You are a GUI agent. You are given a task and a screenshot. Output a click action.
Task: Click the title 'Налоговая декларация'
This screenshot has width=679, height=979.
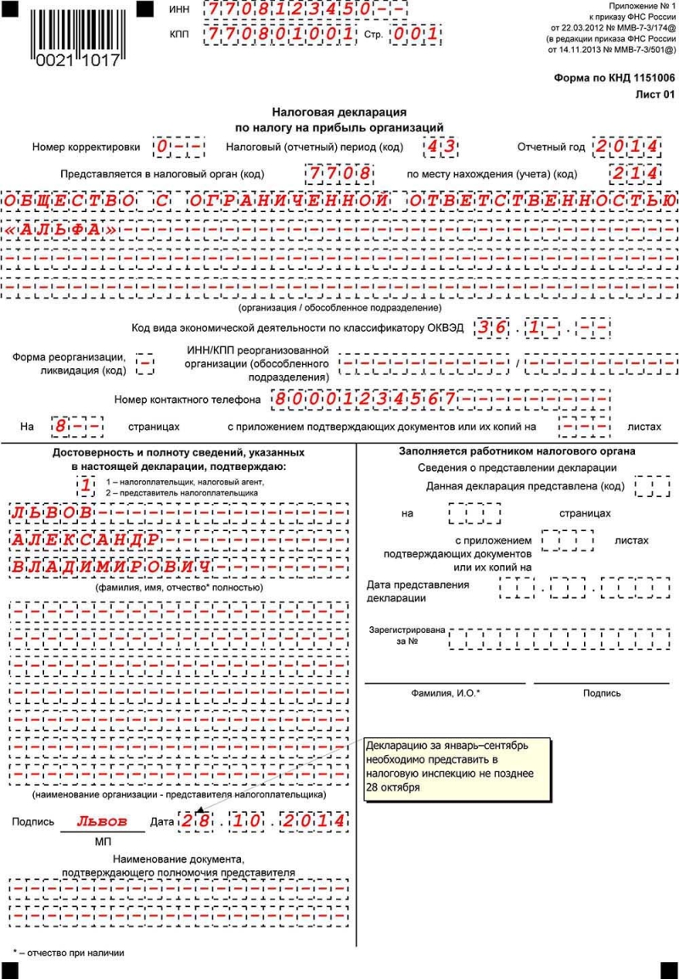339,112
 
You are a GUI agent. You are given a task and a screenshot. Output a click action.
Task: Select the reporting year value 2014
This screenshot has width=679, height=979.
626,147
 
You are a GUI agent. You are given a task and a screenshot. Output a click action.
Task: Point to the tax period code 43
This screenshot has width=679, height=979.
441,147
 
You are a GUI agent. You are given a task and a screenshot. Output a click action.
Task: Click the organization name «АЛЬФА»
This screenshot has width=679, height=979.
60,230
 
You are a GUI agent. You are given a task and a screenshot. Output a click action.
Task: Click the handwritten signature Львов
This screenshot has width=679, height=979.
102,821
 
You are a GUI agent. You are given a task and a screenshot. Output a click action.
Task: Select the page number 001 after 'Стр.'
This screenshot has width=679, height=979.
416,35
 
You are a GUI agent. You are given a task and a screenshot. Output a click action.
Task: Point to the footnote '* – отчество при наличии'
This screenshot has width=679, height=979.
68,953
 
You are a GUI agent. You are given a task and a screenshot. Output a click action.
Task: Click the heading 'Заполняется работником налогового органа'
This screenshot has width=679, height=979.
517,451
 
